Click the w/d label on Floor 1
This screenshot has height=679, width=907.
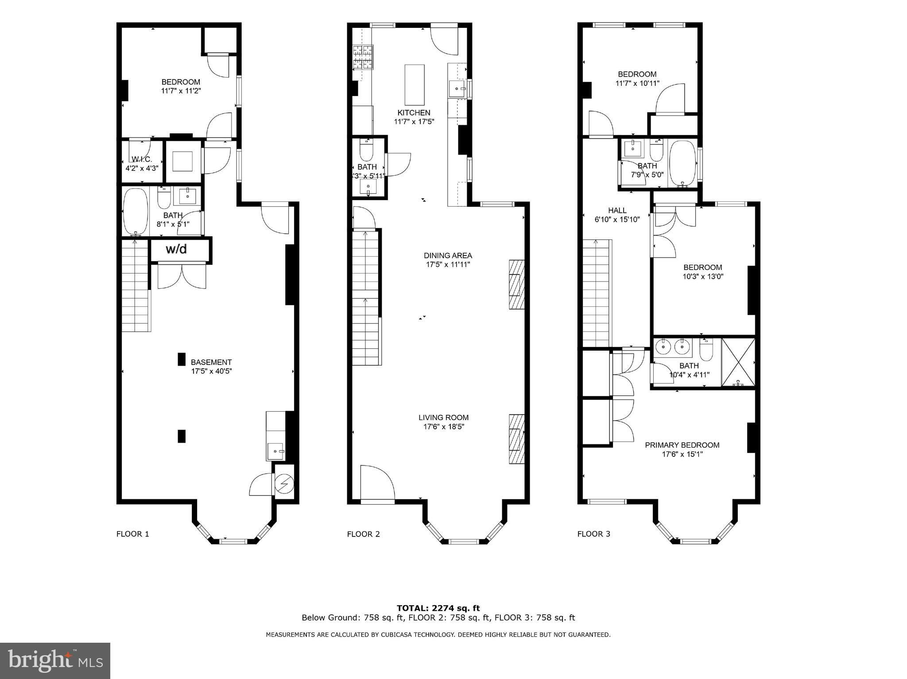pos(176,249)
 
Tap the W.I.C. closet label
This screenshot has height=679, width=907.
pos(142,159)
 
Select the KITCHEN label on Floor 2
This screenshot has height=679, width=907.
pos(414,113)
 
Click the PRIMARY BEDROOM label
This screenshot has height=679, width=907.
pos(682,445)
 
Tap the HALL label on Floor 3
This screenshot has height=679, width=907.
pos(617,210)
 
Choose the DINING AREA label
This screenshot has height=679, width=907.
pos(448,255)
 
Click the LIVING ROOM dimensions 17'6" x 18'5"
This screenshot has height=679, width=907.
pos(444,427)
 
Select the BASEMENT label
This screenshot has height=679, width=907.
pos(211,362)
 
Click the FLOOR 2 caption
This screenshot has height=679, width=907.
pos(363,534)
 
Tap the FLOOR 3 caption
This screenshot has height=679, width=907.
pos(593,534)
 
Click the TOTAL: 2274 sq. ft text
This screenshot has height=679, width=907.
pos(438,608)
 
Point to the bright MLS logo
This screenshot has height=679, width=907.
pos(55,661)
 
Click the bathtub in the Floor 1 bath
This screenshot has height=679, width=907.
pos(136,211)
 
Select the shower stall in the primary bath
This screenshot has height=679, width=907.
pos(738,362)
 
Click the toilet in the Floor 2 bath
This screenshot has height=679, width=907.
pos(366,150)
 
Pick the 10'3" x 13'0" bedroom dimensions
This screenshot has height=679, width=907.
pos(703,276)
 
